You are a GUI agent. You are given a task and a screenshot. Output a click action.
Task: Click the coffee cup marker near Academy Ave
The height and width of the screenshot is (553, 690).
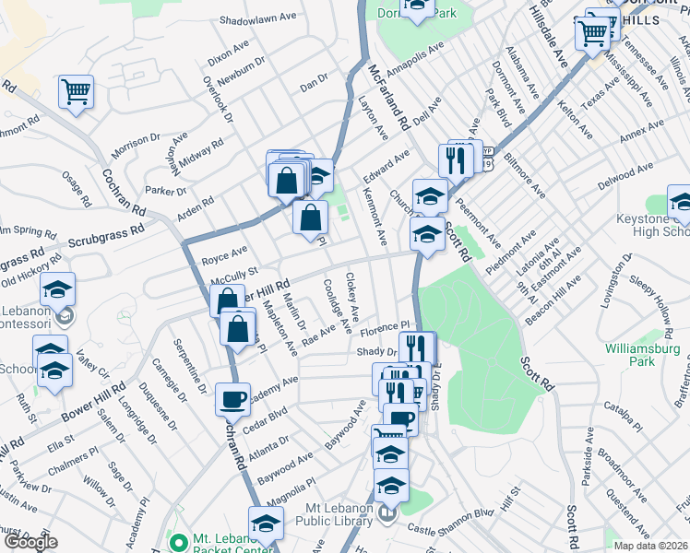coord(232,399)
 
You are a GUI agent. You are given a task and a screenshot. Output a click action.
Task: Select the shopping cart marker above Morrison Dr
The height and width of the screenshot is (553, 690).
coord(77,91)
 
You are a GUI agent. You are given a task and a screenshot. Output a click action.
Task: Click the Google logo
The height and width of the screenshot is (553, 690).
coord(30,542)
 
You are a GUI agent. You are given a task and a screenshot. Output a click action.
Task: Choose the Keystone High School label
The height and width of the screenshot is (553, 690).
coord(649,226)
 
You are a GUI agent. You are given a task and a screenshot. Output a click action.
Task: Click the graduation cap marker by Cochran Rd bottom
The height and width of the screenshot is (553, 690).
coord(266,523)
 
